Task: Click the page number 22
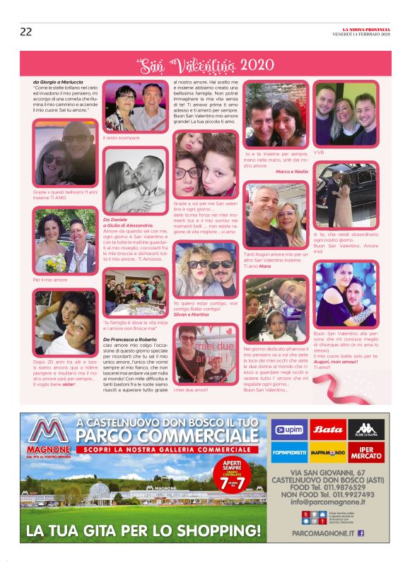coord(25,31)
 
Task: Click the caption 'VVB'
coord(319,152)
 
